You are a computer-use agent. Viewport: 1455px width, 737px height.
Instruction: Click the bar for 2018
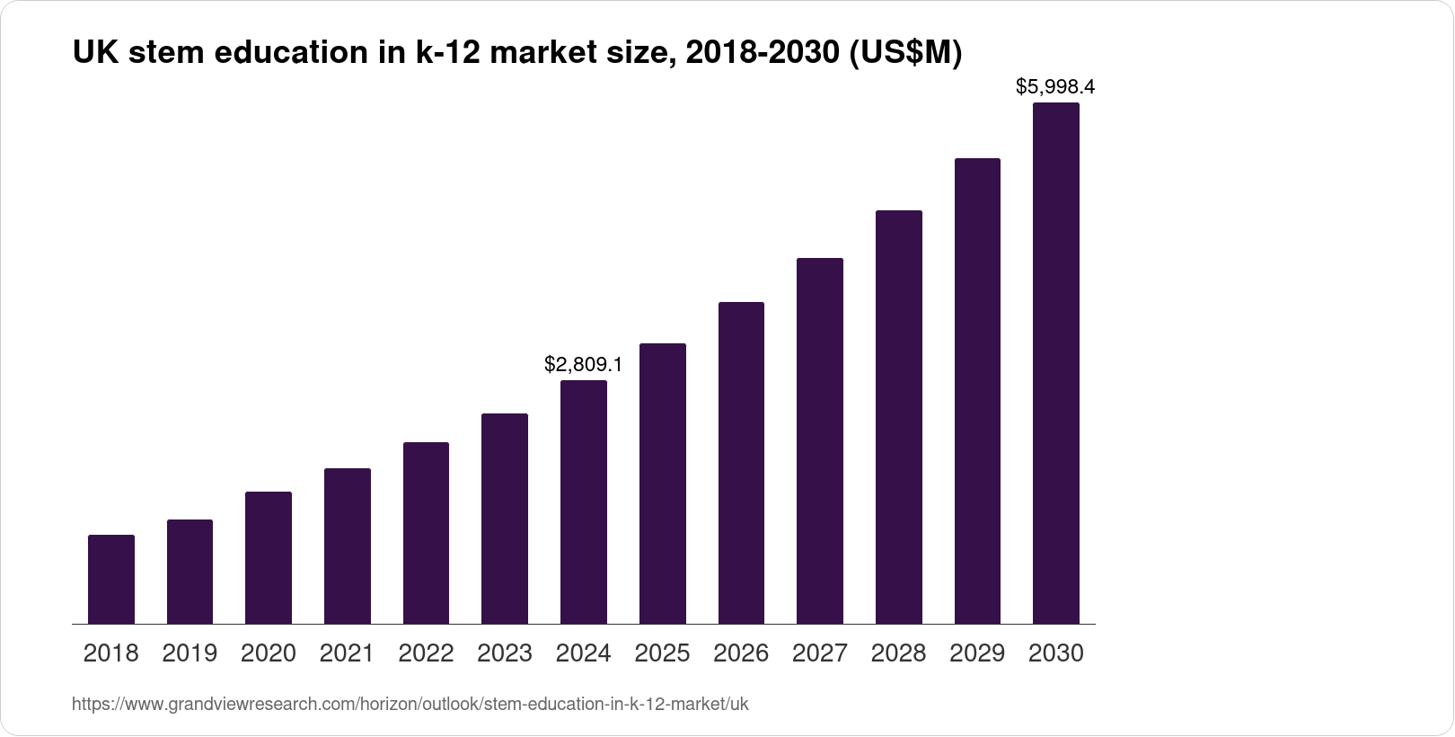(x=111, y=580)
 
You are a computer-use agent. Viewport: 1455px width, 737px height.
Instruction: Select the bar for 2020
(x=269, y=558)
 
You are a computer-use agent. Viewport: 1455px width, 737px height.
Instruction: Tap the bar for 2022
(x=426, y=533)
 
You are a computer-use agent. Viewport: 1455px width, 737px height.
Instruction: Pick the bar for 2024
(x=584, y=502)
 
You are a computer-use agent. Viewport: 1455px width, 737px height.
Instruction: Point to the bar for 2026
(x=741, y=463)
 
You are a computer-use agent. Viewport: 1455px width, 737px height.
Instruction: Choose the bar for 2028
(x=898, y=417)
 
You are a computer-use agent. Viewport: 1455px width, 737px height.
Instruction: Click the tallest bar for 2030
(x=1056, y=363)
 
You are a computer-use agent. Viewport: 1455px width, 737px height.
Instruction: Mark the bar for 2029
(x=977, y=391)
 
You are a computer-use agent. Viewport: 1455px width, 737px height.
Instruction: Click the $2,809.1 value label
(x=584, y=364)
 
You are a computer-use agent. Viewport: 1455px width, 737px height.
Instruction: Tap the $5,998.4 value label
(x=1055, y=87)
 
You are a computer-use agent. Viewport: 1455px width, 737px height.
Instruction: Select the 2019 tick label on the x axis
(x=190, y=653)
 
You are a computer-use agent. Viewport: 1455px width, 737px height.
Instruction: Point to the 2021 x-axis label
(x=347, y=653)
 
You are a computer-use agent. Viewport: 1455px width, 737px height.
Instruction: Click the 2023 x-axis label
(x=505, y=653)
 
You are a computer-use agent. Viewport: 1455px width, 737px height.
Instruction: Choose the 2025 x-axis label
(x=662, y=653)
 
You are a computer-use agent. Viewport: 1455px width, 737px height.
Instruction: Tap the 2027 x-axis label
(x=820, y=653)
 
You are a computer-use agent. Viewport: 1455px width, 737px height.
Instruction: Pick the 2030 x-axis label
(x=1056, y=653)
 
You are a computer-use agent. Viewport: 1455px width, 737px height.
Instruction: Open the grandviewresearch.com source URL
(x=410, y=704)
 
